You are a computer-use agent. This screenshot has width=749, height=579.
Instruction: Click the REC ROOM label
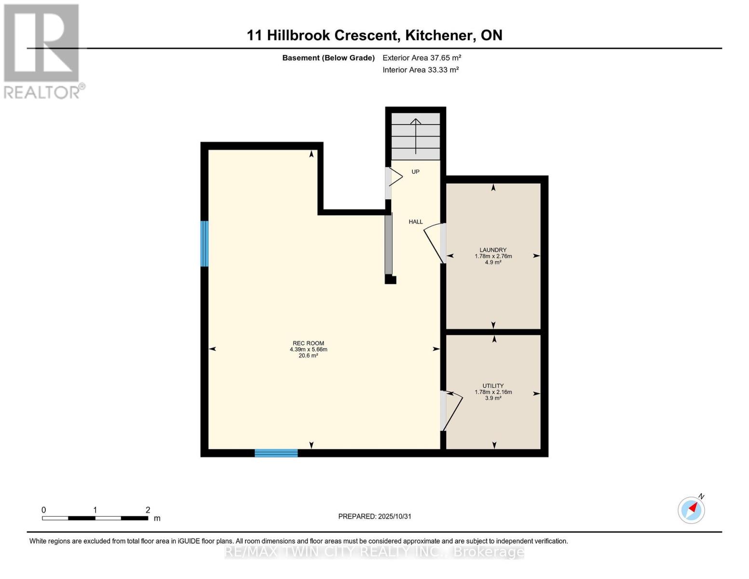pos(308,344)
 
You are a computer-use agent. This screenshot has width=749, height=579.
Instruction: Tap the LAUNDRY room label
pos(493,250)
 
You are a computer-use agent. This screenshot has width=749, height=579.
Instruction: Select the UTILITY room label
pos(493,386)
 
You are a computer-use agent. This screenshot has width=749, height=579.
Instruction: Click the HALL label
pos(415,222)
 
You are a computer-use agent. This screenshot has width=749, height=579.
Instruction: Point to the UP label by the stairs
pos(415,172)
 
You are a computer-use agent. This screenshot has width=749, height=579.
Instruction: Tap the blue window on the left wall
pos(204,244)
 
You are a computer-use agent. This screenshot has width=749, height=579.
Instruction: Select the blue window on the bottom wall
pos(276,453)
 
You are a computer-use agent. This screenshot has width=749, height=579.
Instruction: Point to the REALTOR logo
pos(42,51)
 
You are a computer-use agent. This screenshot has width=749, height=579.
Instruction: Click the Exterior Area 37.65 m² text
pos(422,58)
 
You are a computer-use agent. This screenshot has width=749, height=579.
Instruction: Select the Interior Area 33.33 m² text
pos(420,70)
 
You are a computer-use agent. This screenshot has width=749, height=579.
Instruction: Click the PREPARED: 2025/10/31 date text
pos(375,516)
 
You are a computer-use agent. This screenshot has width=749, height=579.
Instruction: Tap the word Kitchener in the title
pos(438,35)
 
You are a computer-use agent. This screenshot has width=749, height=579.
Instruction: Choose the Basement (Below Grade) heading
pos(328,58)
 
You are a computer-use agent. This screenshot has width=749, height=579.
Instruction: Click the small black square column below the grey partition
pos(390,279)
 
